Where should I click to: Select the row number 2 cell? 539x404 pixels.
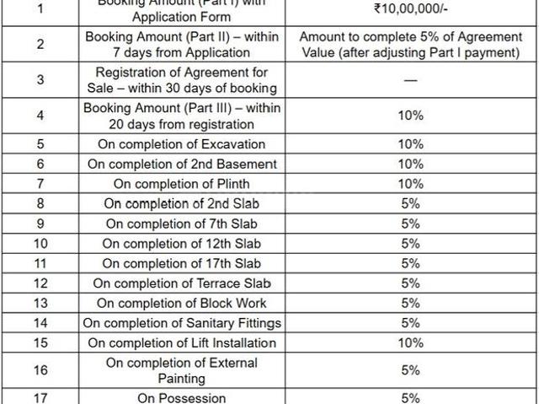[40, 45]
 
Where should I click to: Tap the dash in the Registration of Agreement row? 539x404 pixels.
[410, 80]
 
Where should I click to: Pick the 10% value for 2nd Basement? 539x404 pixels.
[410, 164]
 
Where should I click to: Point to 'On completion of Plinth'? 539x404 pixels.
[182, 184]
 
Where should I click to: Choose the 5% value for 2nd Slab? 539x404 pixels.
[410, 203]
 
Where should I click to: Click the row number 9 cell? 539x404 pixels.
[40, 224]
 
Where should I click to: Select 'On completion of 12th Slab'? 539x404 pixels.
[182, 244]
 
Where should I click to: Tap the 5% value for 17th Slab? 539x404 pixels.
[410, 263]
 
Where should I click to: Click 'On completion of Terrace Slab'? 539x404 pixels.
[182, 283]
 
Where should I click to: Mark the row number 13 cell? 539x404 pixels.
[40, 303]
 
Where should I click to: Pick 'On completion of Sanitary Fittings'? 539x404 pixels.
[182, 323]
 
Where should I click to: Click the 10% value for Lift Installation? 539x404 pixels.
[410, 342]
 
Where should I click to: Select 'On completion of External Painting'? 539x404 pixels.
[182, 369]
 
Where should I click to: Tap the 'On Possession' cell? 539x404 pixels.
[182, 397]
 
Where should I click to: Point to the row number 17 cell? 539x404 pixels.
[40, 397]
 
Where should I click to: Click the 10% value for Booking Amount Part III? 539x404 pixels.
[410, 116]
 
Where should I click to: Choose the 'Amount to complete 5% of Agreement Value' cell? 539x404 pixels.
[410, 45]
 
